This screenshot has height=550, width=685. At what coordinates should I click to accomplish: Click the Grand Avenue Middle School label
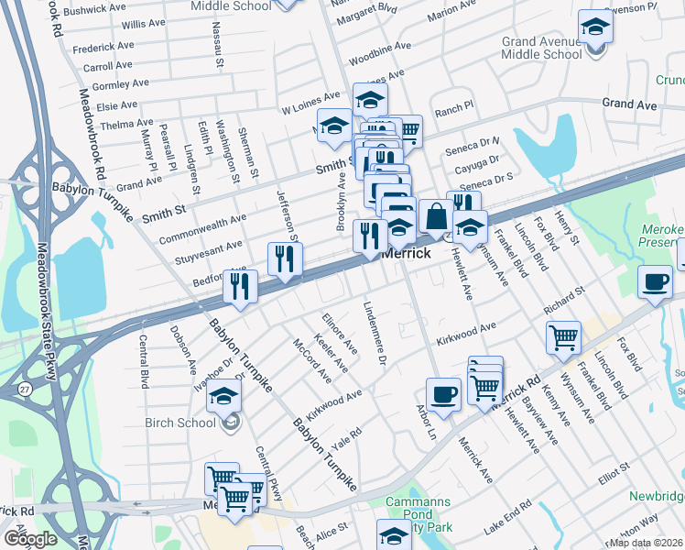pos(541,48)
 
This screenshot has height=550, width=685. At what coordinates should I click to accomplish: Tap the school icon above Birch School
pos(223,397)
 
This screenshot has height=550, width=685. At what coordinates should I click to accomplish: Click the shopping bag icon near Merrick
pos(437,216)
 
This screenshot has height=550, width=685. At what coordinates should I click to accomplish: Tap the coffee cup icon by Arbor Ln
pos(443,393)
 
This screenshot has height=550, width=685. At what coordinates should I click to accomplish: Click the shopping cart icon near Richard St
pos(562,335)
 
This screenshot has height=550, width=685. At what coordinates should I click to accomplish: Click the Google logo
pos(29,539)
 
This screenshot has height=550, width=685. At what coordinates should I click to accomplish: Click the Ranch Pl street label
pos(454,106)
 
